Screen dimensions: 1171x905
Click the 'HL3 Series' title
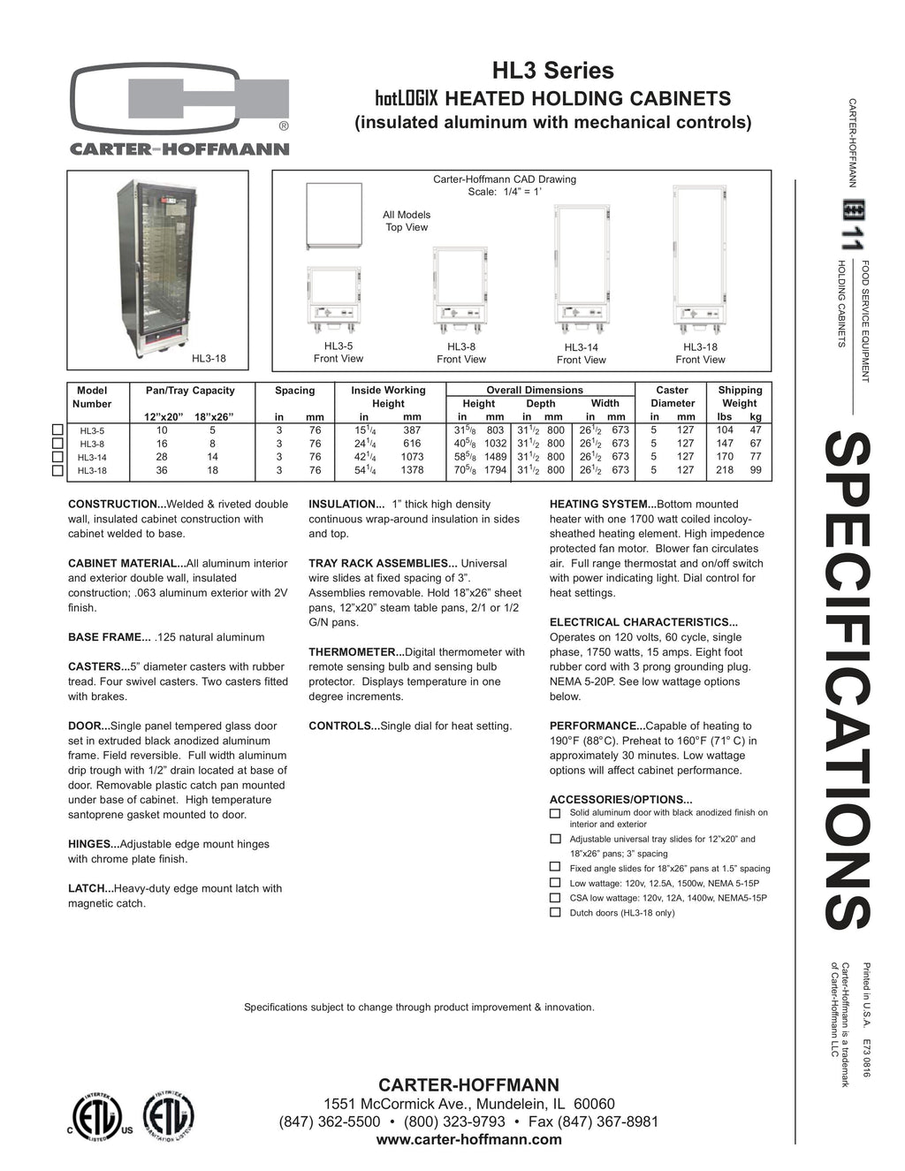coord(552,71)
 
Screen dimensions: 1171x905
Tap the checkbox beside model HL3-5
coord(58,430)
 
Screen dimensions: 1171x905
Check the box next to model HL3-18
coord(58,470)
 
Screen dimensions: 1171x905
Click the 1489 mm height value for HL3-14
coord(495,457)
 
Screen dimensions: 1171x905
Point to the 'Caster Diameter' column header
coord(673,397)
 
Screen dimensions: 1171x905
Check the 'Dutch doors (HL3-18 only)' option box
coord(555,912)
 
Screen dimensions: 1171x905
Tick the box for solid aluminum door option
coord(555,813)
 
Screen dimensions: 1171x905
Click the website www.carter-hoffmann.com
coord(468,1140)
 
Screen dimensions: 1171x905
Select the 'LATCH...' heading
coord(89,889)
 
